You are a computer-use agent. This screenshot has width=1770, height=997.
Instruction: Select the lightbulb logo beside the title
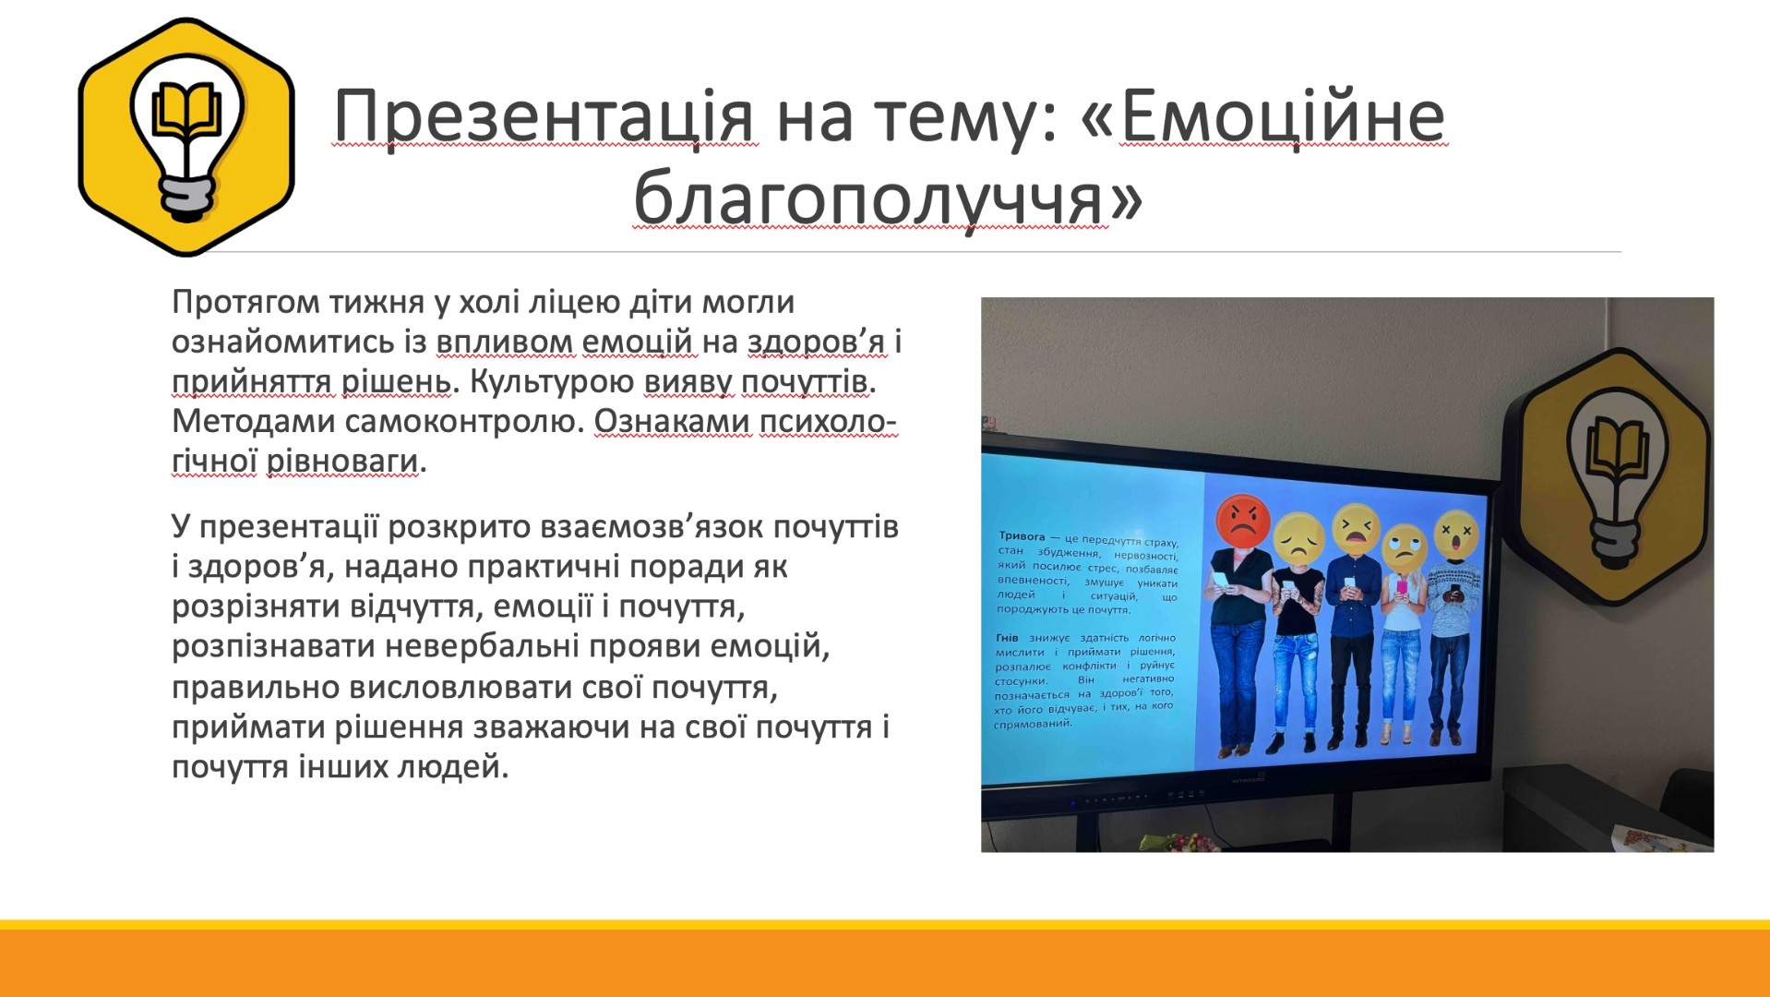coord(186,136)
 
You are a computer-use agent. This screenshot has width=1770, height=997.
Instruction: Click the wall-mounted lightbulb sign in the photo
coord(1608,475)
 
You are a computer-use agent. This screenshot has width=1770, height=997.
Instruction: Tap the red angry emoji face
coord(1243,522)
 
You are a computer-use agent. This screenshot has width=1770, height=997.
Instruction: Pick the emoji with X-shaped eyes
coord(1456,534)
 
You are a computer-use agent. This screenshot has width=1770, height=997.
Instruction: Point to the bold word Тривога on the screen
coord(1022,535)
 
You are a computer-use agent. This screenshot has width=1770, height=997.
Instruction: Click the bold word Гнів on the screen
coord(1007,638)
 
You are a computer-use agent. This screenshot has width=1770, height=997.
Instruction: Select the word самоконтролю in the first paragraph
coord(465,422)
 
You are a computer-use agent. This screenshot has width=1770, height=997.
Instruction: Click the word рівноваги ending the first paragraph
coord(342,462)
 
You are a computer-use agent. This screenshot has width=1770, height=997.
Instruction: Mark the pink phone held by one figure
coord(1402,586)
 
